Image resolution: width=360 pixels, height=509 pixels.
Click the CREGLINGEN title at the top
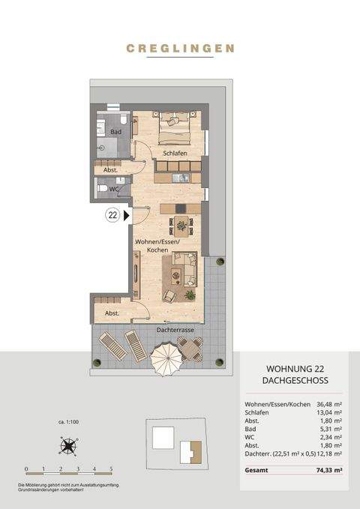(x=180, y=49)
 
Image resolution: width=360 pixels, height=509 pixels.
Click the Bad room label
(x=115, y=132)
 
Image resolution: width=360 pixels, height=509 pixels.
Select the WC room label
(x=114, y=189)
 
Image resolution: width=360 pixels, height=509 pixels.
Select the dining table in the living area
(x=181, y=223)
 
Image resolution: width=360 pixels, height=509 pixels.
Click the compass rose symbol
(x=69, y=448)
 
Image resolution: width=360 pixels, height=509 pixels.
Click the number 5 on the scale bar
(x=111, y=468)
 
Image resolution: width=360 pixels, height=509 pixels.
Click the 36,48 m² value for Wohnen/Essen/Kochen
(x=328, y=405)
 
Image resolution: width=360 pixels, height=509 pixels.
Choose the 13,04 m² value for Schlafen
(x=328, y=413)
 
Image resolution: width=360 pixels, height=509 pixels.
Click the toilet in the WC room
(x=102, y=189)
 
